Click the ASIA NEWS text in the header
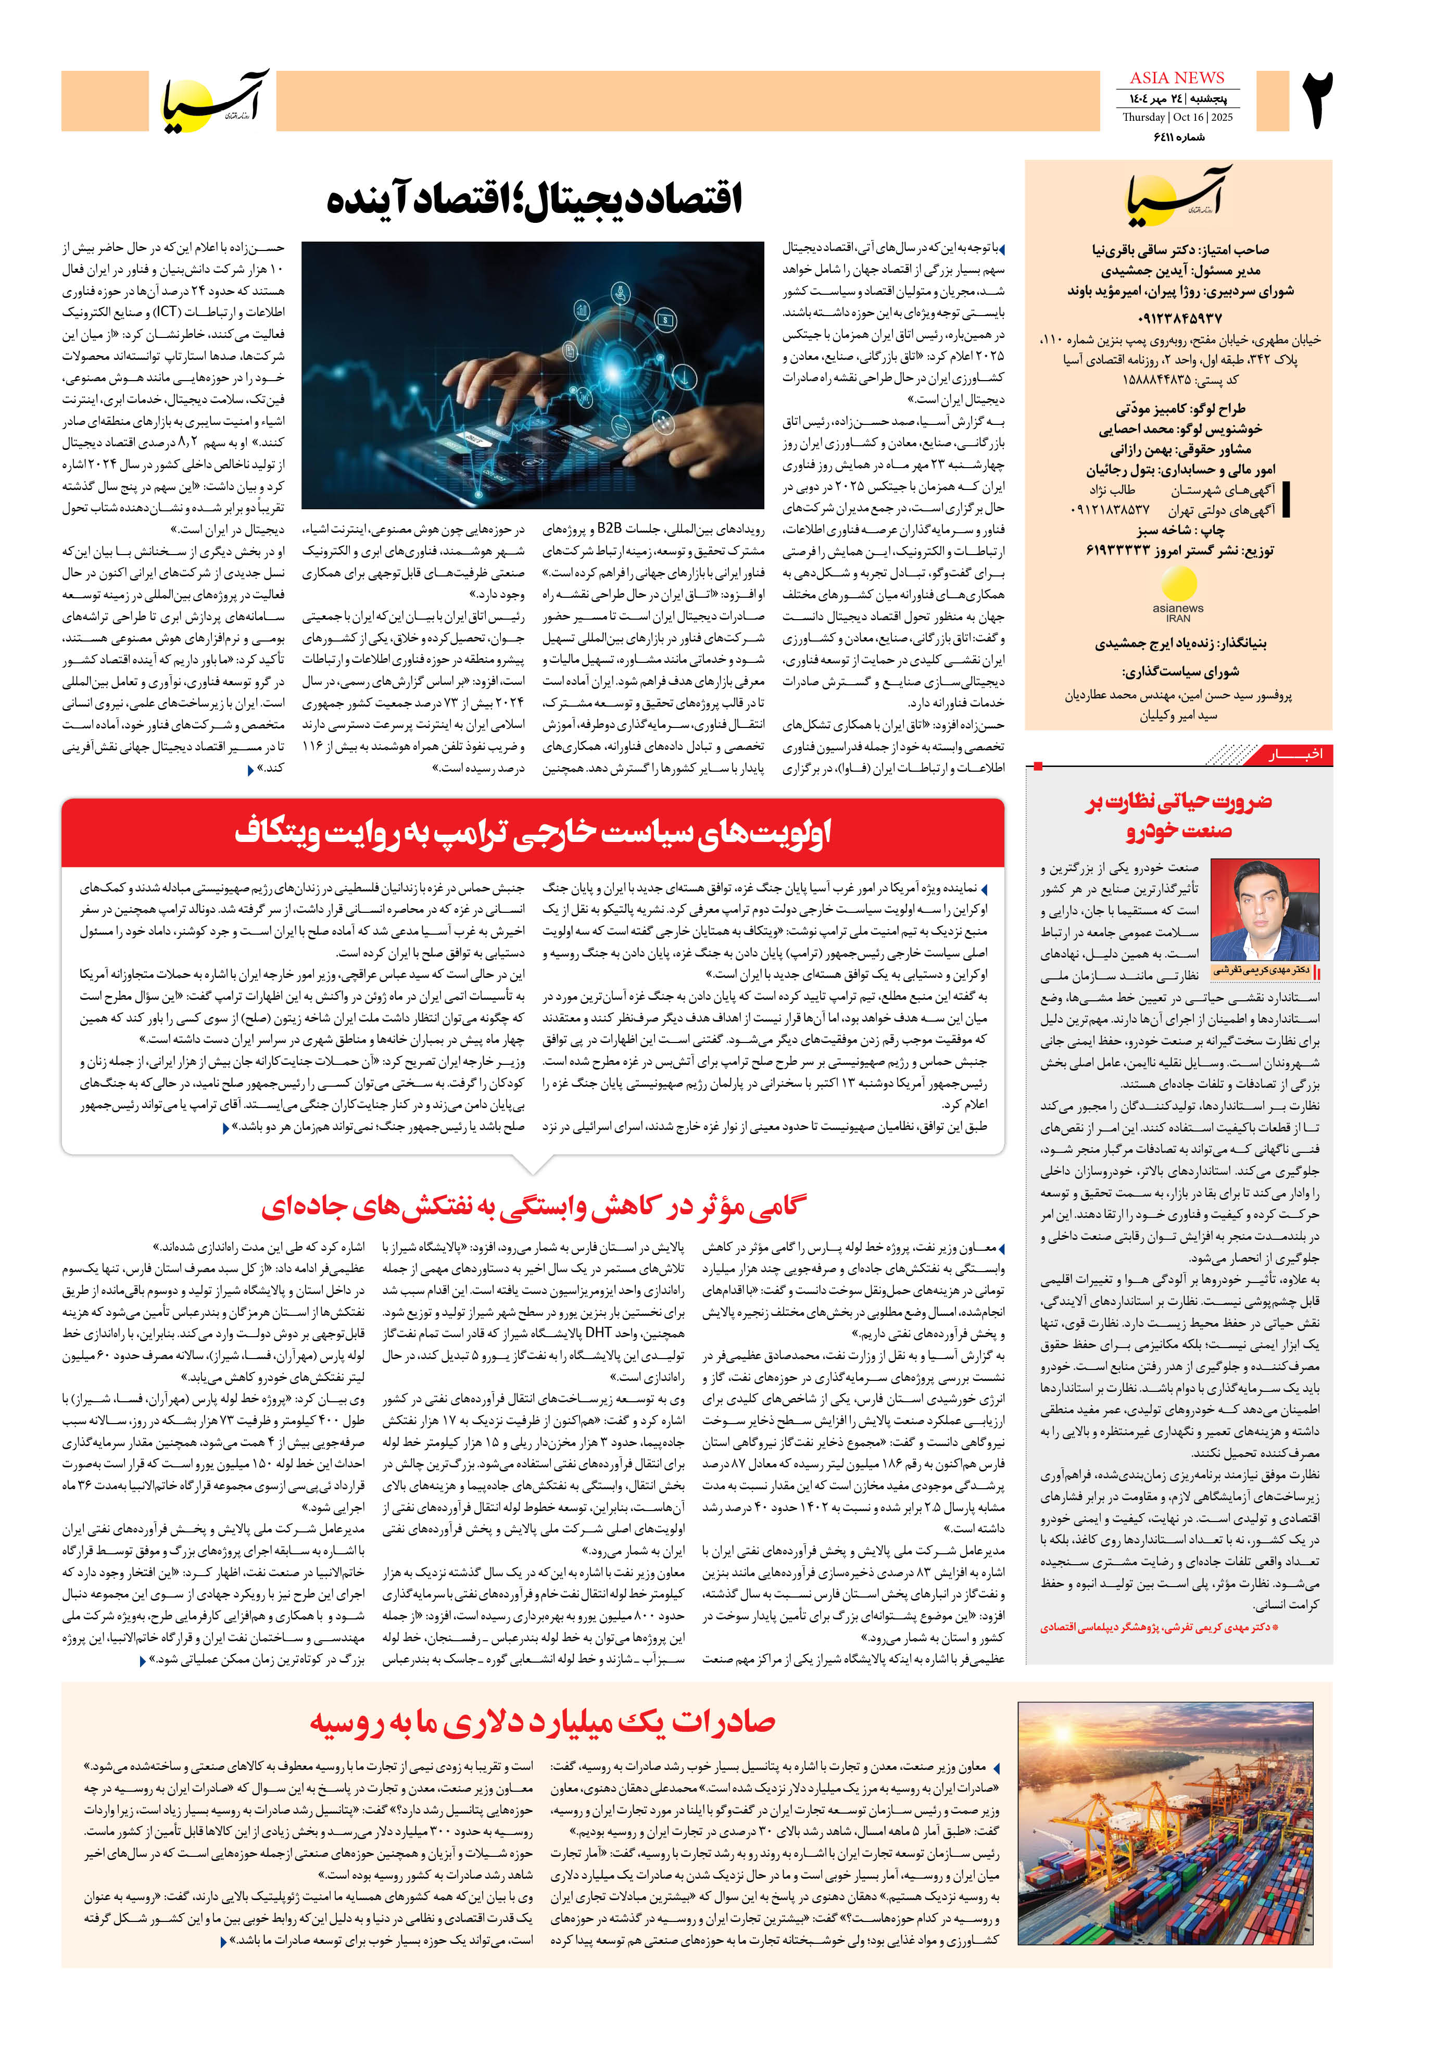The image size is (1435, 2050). pos(1176,78)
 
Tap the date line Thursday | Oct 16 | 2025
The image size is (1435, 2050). pos(1176,117)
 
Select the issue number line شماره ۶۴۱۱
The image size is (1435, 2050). pos(1179,136)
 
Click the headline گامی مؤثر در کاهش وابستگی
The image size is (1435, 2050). pos(534,1206)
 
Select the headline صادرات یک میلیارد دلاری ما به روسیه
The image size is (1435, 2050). pos(542,1721)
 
